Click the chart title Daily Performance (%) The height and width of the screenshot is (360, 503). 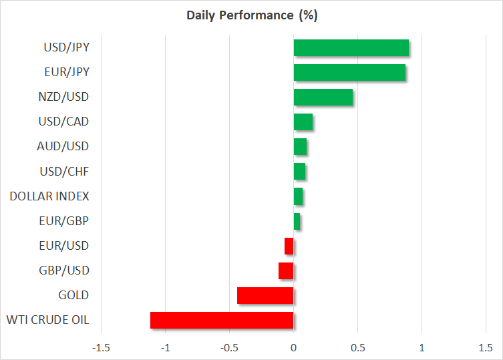pos(251,15)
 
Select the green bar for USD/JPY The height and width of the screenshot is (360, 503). pos(351,48)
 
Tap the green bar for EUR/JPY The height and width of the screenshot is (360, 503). pos(349,73)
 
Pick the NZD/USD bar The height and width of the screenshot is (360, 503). pos(323,98)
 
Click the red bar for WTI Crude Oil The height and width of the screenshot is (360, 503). pos(222,321)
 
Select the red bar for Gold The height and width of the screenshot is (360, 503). pos(265,295)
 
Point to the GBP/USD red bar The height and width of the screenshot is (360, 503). pos(286,271)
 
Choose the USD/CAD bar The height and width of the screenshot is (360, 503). pos(303,122)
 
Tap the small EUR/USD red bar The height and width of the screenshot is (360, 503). pos(289,246)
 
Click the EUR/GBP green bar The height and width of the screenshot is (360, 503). pos(297,221)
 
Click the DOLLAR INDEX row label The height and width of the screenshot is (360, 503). pos(49,196)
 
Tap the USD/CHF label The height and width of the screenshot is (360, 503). pos(65,172)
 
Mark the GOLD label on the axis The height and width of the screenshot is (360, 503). pos(73,295)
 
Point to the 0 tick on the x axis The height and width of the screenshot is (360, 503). pos(293,348)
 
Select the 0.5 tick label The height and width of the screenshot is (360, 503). pos(357,348)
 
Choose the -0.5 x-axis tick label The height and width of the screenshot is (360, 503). pos(229,348)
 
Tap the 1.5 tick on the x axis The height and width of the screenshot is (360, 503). pos(485,348)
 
